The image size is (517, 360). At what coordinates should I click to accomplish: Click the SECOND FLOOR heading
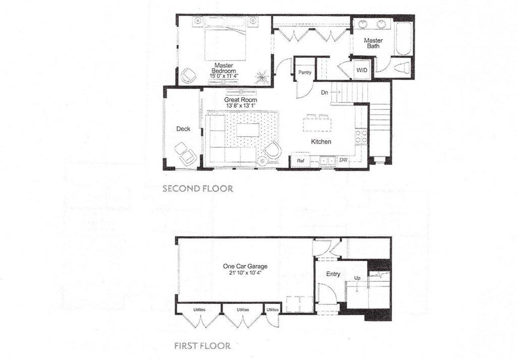(198, 188)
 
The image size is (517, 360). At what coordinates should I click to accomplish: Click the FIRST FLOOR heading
(202, 346)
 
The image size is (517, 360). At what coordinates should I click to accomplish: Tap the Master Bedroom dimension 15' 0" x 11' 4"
(224, 76)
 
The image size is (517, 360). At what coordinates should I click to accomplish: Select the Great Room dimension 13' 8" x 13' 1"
(240, 105)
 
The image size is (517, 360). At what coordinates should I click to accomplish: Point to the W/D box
(361, 70)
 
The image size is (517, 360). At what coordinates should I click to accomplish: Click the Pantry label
(304, 72)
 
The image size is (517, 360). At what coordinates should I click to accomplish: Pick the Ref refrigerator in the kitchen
(300, 161)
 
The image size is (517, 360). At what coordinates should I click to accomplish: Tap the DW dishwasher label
(343, 160)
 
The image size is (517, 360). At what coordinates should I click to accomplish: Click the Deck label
(183, 129)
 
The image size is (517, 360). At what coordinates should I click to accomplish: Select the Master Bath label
(373, 43)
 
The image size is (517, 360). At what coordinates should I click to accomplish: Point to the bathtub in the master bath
(403, 39)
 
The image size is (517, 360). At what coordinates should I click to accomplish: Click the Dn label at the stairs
(325, 92)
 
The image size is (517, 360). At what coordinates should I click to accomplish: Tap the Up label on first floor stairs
(357, 278)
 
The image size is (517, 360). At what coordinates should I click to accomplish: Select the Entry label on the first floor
(333, 274)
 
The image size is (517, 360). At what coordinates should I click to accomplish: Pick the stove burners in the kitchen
(361, 136)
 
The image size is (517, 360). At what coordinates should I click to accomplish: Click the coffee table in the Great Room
(247, 130)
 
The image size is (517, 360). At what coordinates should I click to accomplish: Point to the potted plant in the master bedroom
(262, 77)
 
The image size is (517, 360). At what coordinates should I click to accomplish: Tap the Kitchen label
(321, 141)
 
